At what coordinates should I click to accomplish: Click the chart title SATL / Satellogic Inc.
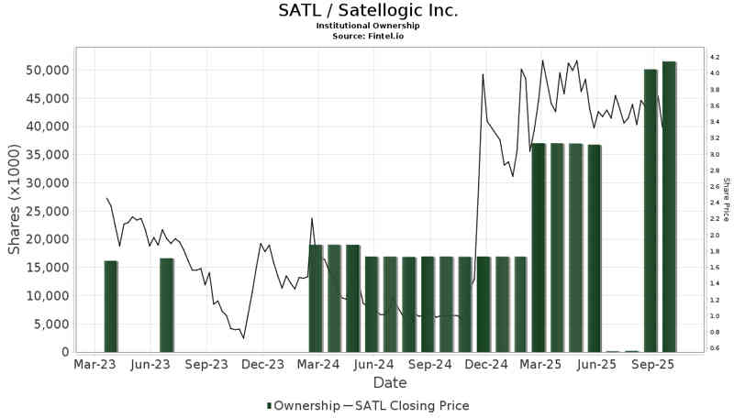[x=368, y=11]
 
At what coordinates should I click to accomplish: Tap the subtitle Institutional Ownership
[x=368, y=26]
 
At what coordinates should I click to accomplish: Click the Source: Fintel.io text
[x=368, y=36]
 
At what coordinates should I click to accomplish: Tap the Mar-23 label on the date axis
[x=95, y=364]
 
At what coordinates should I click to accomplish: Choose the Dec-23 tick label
[x=262, y=364]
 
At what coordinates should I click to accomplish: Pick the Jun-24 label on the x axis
[x=374, y=364]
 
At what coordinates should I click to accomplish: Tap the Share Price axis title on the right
[x=725, y=200]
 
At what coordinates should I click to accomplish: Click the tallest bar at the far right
[x=669, y=206]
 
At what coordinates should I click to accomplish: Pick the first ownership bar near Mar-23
[x=111, y=306]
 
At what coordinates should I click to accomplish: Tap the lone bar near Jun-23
[x=167, y=305]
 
